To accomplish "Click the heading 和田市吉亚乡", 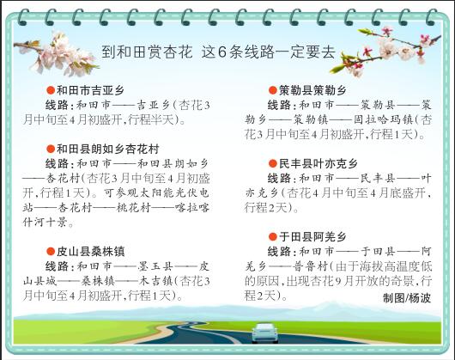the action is tap(90, 90).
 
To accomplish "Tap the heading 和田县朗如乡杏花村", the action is tap(107, 149).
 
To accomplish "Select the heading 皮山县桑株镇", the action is tap(90, 252).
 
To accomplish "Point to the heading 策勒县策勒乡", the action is tap(312, 90).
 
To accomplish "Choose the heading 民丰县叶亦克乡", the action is tap(318, 164).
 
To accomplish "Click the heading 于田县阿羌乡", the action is tap(312, 237).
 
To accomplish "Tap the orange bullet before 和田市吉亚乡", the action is tap(51, 90).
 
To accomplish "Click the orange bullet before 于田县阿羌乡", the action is tap(273, 237).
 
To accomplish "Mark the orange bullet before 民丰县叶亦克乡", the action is tap(273, 164).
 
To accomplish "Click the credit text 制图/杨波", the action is tap(407, 298).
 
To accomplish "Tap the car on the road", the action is tap(264, 333).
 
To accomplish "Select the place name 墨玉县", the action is tap(155, 266).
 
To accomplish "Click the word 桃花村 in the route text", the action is tap(134, 208).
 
